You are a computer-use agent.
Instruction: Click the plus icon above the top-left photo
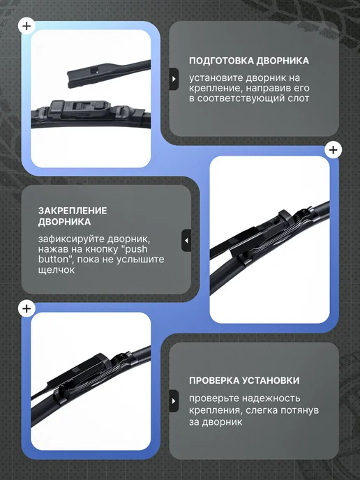[27, 26]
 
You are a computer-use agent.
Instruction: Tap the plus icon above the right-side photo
[333, 150]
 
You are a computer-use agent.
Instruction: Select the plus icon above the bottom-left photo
[27, 308]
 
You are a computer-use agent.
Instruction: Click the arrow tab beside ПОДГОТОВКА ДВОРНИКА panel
[174, 79]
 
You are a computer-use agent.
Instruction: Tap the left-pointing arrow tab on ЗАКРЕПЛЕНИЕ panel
[186, 241]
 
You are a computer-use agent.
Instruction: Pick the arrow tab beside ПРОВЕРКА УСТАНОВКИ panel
[174, 400]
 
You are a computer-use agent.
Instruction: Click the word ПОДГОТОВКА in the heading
[221, 61]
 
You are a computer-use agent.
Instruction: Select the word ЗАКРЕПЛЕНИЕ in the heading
[73, 211]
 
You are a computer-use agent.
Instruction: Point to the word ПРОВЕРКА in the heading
[214, 380]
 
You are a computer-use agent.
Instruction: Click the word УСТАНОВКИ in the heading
[271, 380]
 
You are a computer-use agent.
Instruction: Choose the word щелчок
[57, 270]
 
